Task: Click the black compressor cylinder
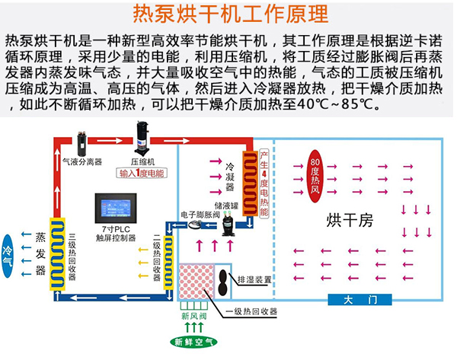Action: click(x=143, y=139)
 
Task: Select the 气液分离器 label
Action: click(x=81, y=162)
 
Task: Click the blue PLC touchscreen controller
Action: click(x=115, y=208)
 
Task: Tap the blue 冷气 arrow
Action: click(x=9, y=249)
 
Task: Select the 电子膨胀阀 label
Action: click(x=199, y=215)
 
